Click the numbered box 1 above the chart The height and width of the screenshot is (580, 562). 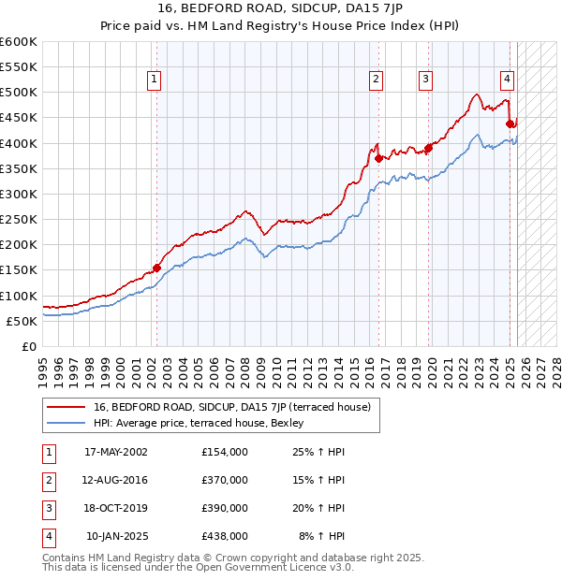[153, 80]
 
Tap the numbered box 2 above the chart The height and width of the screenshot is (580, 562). [376, 80]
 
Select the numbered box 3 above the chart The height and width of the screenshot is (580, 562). [425, 80]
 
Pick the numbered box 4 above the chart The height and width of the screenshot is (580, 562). [506, 80]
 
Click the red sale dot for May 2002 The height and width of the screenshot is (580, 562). [156, 268]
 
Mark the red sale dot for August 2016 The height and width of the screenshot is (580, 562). [378, 158]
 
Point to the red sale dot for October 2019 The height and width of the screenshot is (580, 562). [428, 148]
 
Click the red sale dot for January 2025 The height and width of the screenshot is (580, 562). [510, 123]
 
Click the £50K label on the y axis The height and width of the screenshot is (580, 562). [22, 321]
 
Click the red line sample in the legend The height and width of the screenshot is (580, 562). [67, 407]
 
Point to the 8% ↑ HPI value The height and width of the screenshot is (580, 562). [321, 536]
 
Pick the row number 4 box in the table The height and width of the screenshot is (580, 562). [47, 536]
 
